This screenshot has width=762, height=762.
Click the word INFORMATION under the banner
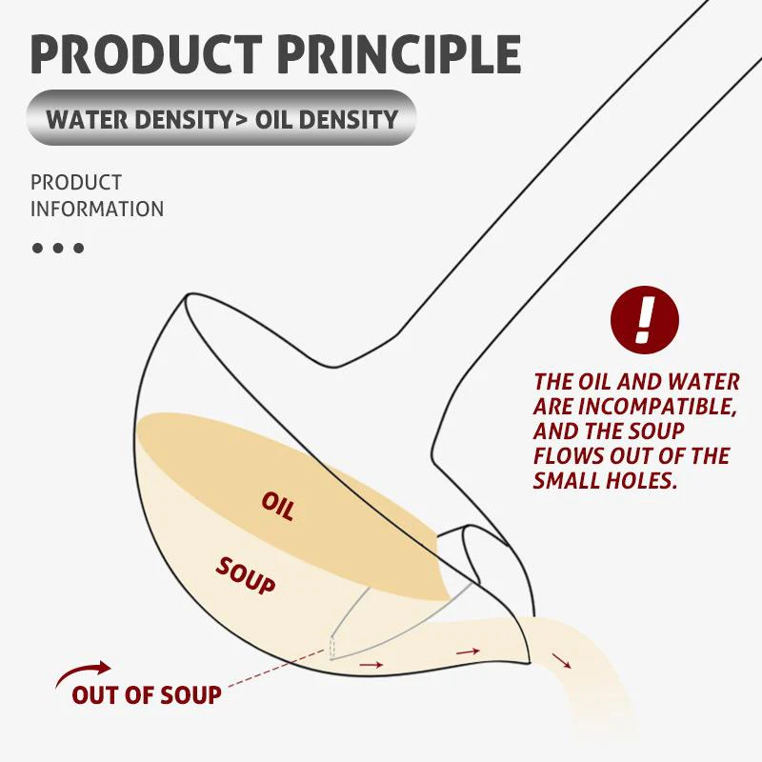pyautogui.click(x=96, y=209)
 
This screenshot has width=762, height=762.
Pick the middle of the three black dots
pyautogui.click(x=58, y=248)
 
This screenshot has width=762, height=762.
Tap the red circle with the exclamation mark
pyautogui.click(x=645, y=319)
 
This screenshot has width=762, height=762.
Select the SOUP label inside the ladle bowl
pyautogui.click(x=246, y=574)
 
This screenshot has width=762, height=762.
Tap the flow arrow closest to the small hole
pyautogui.click(x=371, y=664)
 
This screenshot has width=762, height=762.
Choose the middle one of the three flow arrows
pyautogui.click(x=468, y=652)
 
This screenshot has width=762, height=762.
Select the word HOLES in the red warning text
pyautogui.click(x=645, y=481)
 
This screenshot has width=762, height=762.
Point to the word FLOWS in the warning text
pyautogui.click(x=569, y=456)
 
